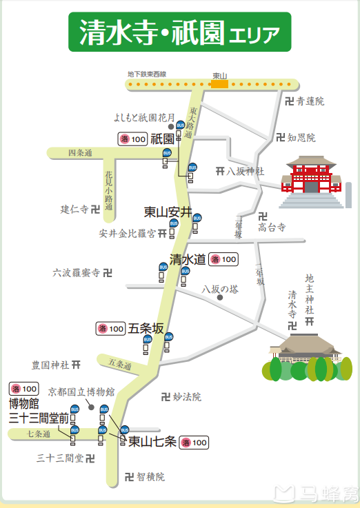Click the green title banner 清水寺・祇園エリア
179,31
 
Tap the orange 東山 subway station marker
220,84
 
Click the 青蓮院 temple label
310,101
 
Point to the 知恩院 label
301,138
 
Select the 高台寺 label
271,226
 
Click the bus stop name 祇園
162,139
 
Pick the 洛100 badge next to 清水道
224,260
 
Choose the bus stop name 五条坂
146,329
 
